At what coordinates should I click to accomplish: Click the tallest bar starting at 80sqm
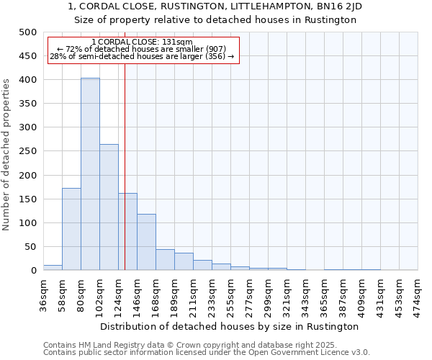pos(90,174)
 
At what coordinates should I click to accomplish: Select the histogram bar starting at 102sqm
pos(109,207)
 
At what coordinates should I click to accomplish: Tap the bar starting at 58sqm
pos(71,229)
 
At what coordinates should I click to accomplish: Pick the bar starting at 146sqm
pos(146,242)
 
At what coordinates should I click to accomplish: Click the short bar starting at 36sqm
pos(53,267)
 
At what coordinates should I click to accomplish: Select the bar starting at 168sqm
pos(165,260)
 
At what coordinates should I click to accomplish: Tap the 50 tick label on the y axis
pos(31,247)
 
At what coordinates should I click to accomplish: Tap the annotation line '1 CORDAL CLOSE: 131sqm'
pos(143,42)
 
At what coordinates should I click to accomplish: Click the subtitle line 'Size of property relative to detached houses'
pos(216,20)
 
